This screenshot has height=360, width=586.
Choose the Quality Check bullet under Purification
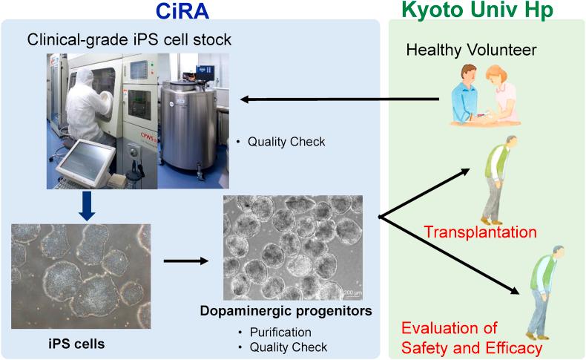tap(286, 347)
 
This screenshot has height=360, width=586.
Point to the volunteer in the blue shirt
tap(469, 95)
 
